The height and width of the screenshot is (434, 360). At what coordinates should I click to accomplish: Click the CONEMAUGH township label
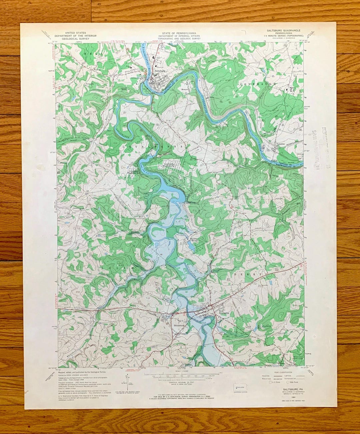(258, 84)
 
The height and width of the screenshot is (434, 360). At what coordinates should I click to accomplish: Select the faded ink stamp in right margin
(321, 143)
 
